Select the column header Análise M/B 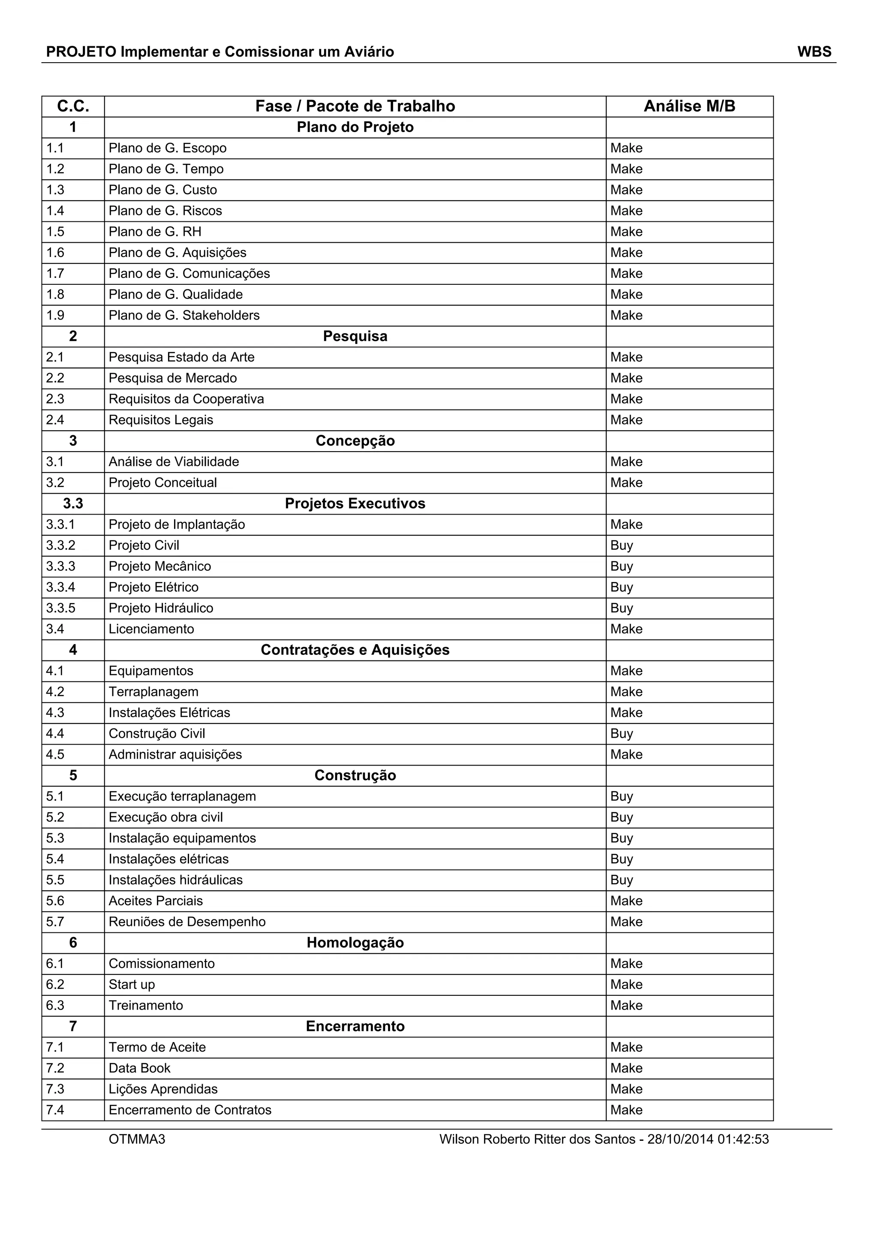(689, 106)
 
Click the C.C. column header (73, 106)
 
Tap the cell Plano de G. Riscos (165, 211)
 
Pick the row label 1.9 (55, 315)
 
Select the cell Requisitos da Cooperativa (186, 399)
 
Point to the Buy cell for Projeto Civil (621, 546)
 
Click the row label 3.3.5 (60, 609)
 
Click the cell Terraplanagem (153, 692)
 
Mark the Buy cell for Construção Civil (621, 734)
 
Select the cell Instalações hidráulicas (176, 880)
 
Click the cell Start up (132, 985)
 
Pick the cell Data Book (139, 1068)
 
